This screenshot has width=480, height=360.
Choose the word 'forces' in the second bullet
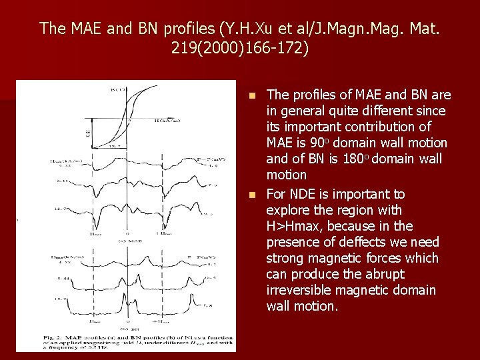pyautogui.click(x=400, y=258)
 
